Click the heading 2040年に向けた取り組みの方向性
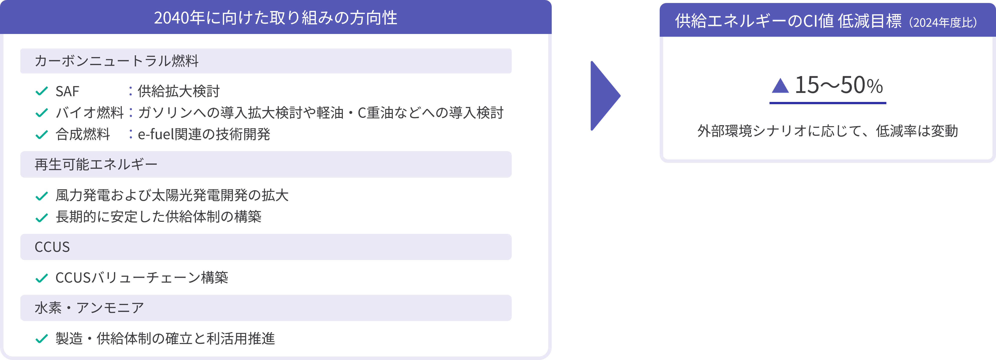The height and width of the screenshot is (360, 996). tap(276, 18)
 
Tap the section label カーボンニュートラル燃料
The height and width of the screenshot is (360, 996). tap(116, 61)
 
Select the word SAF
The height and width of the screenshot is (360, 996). tap(67, 91)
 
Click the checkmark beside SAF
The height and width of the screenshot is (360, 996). tap(41, 91)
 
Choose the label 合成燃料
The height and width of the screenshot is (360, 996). tap(83, 134)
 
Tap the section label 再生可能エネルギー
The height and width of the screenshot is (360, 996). tap(96, 164)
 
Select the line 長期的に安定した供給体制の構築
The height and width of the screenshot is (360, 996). tap(158, 217)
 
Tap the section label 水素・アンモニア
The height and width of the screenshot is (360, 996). tap(89, 308)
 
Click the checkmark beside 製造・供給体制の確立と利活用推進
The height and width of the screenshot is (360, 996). tap(41, 339)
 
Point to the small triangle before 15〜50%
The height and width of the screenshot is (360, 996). tap(780, 85)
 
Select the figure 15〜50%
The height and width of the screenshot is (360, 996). tap(839, 85)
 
